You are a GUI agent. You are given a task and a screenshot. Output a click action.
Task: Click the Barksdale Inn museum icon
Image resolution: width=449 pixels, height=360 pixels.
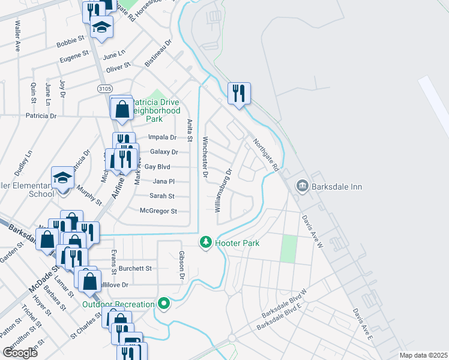coord(302,187)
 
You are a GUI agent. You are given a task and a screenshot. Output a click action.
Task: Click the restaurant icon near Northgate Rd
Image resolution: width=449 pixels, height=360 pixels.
coord(239,93)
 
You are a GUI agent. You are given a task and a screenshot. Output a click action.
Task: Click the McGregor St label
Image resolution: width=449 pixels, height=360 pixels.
coord(158,211)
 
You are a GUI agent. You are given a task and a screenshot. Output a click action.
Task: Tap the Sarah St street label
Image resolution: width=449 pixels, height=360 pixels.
coord(161,196)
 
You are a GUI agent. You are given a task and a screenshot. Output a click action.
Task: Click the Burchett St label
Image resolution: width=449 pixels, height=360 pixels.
coord(136,268)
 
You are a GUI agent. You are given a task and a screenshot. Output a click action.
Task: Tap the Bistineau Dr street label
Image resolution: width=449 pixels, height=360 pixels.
coord(158,53)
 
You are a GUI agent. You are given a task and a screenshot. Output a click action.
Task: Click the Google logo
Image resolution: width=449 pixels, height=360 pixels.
coord(20,352)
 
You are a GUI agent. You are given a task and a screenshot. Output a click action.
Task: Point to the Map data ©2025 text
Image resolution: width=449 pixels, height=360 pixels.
coord(423,355)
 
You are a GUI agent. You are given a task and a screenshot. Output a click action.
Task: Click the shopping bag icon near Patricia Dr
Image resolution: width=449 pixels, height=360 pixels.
coord(122,110)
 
